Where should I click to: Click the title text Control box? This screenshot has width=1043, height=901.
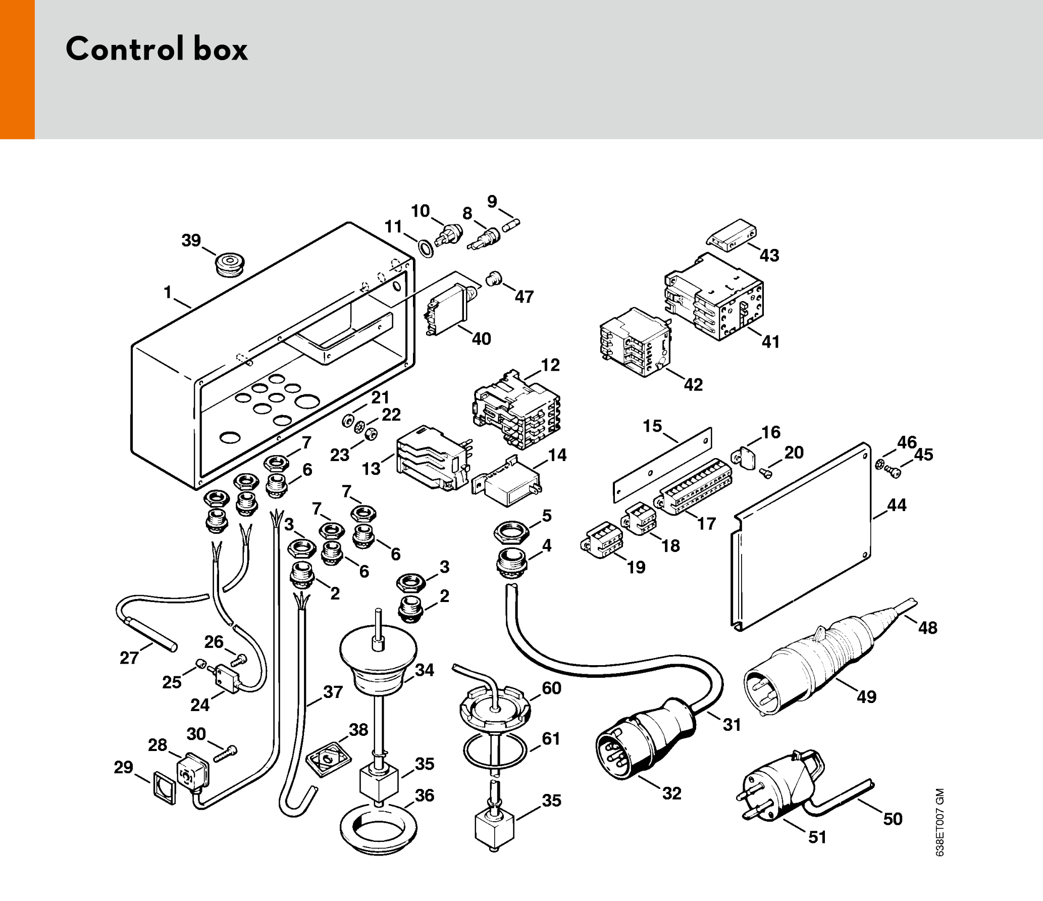coord(157,49)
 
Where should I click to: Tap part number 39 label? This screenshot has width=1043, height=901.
coord(191,240)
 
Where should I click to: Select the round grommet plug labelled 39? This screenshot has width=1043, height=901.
coord(231,264)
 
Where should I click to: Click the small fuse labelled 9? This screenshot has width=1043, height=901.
coord(511,225)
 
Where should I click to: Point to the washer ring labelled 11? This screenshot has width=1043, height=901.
coord(426,248)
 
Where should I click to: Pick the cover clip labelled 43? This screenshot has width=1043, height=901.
coord(732,234)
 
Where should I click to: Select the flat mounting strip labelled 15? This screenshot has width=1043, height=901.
coord(662,465)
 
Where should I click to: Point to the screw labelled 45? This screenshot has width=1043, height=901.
coord(893,472)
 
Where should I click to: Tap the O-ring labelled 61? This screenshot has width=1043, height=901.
coord(495,750)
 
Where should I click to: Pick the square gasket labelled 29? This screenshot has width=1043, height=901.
coord(165,787)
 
